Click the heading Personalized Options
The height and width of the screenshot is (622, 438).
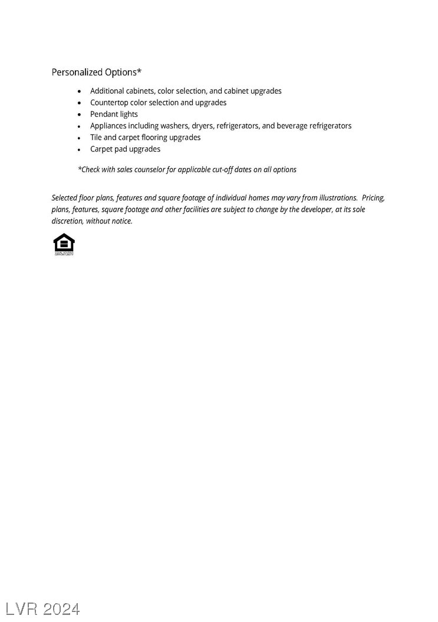pyautogui.click(x=96, y=72)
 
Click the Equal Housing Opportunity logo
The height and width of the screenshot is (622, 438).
pyautogui.click(x=64, y=244)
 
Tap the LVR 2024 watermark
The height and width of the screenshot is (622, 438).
pyautogui.click(x=42, y=608)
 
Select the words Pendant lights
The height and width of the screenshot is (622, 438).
pyautogui.click(x=114, y=114)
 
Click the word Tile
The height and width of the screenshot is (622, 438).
pyautogui.click(x=95, y=137)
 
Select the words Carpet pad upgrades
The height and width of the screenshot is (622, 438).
pyautogui.click(x=125, y=149)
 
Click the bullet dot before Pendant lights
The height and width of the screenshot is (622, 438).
pyautogui.click(x=80, y=114)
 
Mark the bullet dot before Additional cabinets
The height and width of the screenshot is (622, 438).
pyautogui.click(x=80, y=91)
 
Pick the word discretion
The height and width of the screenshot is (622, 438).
pyautogui.click(x=67, y=221)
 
